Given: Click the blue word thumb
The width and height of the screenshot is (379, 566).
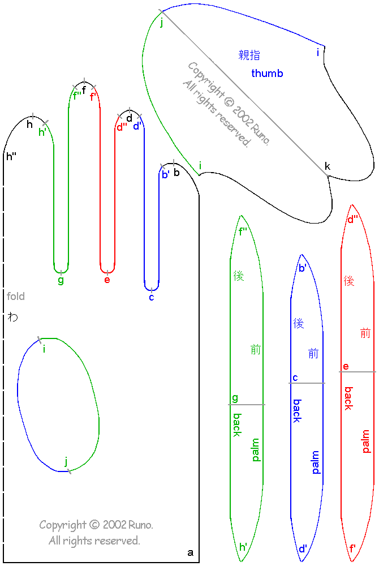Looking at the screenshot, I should pos(267,74).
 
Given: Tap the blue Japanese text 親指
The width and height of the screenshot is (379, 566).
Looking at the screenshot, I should pos(249,55).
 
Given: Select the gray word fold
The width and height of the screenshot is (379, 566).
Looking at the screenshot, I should pos(16,296).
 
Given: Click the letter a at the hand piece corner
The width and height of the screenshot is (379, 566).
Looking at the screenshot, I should pos(190,552).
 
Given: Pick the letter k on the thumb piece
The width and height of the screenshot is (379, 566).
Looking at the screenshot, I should pos(327,166).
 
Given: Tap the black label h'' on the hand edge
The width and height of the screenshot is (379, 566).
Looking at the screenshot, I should pos(11,156).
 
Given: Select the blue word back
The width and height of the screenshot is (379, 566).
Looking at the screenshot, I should pos(296,410).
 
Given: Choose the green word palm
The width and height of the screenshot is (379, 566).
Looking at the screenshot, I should pos(256,449).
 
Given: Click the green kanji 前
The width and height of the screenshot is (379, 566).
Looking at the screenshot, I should pos(256,350).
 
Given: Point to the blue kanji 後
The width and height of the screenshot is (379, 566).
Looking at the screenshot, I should pos(299,323).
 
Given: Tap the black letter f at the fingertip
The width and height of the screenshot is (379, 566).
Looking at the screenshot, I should pos(84,89).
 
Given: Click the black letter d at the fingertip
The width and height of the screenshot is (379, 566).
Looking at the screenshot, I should pos(130,118).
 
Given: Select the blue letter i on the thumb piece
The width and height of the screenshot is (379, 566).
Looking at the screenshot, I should pos(318,53).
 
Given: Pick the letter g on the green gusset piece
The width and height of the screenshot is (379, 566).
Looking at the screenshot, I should pos(235,398).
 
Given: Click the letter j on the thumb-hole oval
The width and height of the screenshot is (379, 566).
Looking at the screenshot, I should pos(66,460).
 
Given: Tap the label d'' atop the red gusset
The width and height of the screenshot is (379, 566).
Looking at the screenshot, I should pos(352,219).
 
